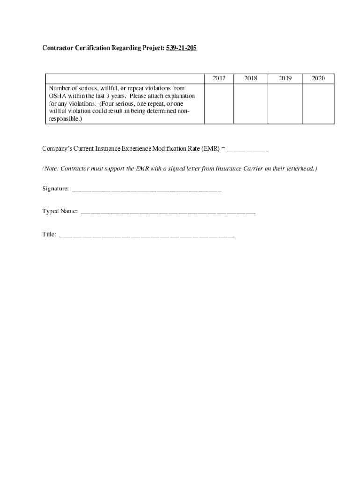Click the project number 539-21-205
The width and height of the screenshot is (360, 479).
180,48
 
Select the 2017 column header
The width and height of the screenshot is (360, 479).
219,79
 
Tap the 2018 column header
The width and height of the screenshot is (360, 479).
251,79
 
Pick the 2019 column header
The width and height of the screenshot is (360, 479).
285,79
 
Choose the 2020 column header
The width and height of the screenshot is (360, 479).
318,79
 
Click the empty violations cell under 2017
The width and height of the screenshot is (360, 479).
219,104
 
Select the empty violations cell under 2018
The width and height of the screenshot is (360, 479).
251,104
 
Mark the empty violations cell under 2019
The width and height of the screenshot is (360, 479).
285,104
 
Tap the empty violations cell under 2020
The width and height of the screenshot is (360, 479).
318,104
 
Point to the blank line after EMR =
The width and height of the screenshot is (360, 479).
248,150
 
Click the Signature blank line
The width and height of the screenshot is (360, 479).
146,190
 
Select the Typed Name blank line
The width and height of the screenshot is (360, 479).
168,212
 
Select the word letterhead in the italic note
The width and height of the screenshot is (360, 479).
298,168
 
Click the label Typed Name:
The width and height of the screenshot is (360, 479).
60,211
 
